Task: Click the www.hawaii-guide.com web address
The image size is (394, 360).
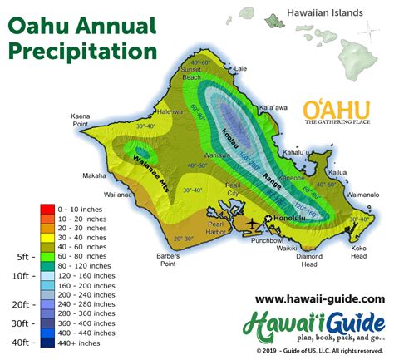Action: (319, 298)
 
